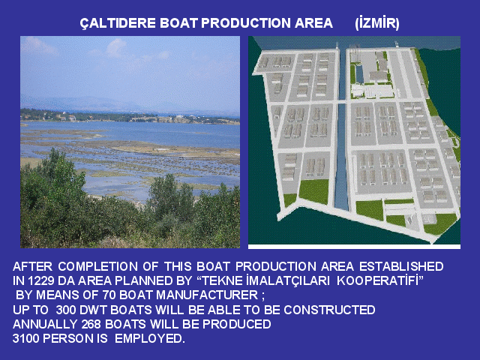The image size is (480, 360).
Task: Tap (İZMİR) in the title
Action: click(x=377, y=23)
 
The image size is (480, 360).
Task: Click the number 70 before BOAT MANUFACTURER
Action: click(x=109, y=295)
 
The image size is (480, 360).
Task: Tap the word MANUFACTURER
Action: click(x=207, y=295)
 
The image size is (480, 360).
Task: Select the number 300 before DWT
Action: click(x=66, y=310)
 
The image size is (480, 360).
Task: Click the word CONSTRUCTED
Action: click(x=329, y=310)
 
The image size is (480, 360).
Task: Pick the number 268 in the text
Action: click(x=91, y=324)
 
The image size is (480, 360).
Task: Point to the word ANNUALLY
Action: click(x=45, y=324)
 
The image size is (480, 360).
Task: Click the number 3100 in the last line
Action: click(x=25, y=338)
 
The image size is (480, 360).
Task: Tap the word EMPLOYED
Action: click(x=150, y=338)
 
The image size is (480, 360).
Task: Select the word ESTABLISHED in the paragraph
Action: click(x=401, y=266)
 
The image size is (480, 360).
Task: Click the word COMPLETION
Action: click(x=98, y=266)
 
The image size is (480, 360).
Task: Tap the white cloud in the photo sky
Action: click(x=116, y=47)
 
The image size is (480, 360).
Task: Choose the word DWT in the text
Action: click(x=93, y=310)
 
